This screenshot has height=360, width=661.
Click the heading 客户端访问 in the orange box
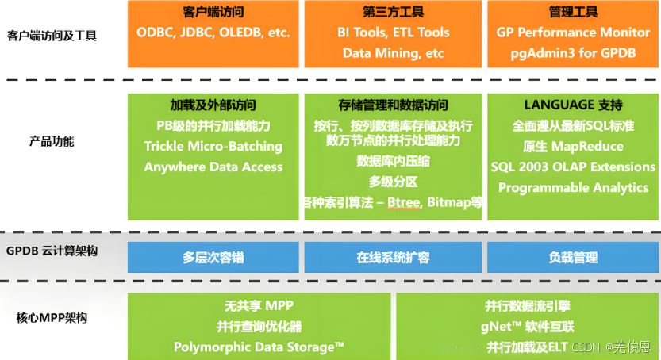coord(213,13)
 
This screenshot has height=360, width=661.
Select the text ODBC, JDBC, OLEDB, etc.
coord(213,33)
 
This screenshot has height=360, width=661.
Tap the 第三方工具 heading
coord(393,13)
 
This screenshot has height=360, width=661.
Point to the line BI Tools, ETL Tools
coord(393,33)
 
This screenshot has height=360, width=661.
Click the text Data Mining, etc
coord(393,54)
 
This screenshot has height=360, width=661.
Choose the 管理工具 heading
coord(573,13)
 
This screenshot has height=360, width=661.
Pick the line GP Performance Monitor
coord(573,33)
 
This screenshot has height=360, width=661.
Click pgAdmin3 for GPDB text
coord(573,54)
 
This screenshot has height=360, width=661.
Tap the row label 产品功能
coord(52,141)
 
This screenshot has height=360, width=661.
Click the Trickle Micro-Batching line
coord(213,147)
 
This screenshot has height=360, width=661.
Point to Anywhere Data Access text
coord(213,167)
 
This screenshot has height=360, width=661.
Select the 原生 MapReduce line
coord(573,147)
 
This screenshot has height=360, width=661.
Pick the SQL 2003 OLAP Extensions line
coord(573,167)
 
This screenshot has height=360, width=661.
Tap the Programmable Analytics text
coord(573,188)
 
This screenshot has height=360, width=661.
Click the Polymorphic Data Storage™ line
coord(259,347)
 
